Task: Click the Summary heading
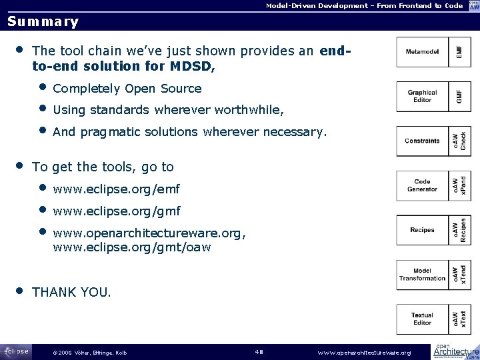[43, 21]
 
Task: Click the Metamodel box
[423, 51]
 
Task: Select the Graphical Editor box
[423, 96]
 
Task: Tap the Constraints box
[423, 141]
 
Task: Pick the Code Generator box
[423, 185]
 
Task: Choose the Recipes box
[423, 230]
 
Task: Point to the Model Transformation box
[423, 275]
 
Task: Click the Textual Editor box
[423, 319]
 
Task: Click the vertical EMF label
[458, 51]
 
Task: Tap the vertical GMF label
[458, 96]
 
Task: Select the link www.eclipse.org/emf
[116, 189]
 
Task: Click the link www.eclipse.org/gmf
[117, 211]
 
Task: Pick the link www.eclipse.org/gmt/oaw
[131, 247]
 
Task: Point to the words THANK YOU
[72, 292]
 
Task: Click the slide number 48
[261, 351]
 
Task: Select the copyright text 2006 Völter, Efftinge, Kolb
[89, 352]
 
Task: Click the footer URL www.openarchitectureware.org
[364, 352]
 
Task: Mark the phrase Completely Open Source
[127, 89]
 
